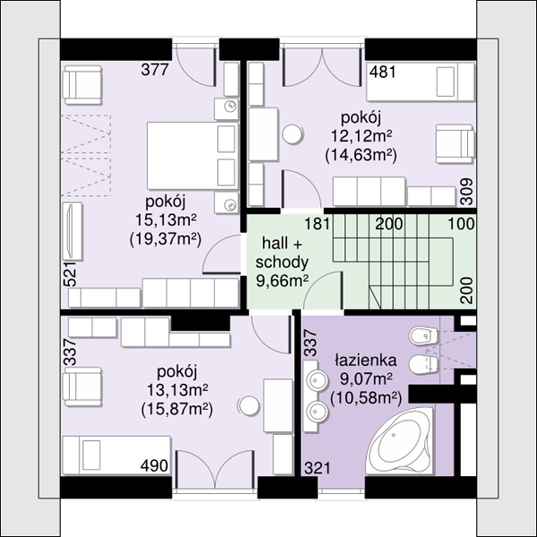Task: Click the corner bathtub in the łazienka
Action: point(399,441)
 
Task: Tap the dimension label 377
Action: point(155,70)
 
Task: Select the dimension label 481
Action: point(382,72)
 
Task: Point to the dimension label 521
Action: point(70,274)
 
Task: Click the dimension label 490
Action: point(154,465)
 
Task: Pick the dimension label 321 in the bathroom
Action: point(318,468)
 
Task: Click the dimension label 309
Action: point(466,192)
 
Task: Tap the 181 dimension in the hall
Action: point(318,224)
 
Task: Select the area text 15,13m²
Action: point(166,219)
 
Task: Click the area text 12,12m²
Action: point(362,136)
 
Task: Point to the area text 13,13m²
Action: point(177,389)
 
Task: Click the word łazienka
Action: point(366,360)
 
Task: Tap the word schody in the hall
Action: point(282,262)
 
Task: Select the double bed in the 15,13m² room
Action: point(192,156)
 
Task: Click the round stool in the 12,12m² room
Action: point(293,134)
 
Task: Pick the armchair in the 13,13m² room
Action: point(82,387)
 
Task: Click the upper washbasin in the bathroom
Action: point(316,380)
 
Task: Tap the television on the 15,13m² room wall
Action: point(72,231)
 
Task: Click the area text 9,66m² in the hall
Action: point(283,281)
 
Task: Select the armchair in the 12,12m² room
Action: point(456,143)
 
